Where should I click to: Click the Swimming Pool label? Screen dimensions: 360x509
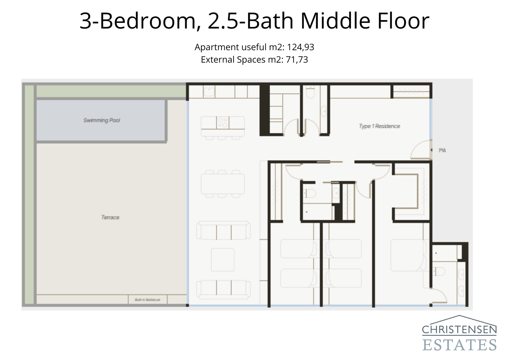[101, 120]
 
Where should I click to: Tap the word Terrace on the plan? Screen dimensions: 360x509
[110, 217]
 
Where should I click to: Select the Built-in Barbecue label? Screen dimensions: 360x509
[147, 300]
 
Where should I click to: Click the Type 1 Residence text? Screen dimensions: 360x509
[379, 126]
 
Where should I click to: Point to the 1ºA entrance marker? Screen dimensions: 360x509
[442, 150]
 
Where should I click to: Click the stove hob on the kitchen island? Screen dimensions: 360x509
[223, 123]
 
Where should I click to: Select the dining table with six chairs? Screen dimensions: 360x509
[223, 184]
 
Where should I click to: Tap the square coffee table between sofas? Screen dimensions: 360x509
[223, 259]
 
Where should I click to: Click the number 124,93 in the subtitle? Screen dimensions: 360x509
[300, 47]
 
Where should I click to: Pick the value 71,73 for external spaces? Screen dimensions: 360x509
[297, 60]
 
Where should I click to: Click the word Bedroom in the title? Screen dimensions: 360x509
[148, 21]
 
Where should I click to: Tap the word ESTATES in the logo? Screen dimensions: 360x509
[459, 345]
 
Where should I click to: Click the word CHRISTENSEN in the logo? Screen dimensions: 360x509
[459, 330]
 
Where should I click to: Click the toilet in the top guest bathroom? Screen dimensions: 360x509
[310, 93]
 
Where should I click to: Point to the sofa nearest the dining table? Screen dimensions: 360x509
[223, 231]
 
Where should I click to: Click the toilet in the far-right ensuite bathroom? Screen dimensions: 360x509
[439, 271]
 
